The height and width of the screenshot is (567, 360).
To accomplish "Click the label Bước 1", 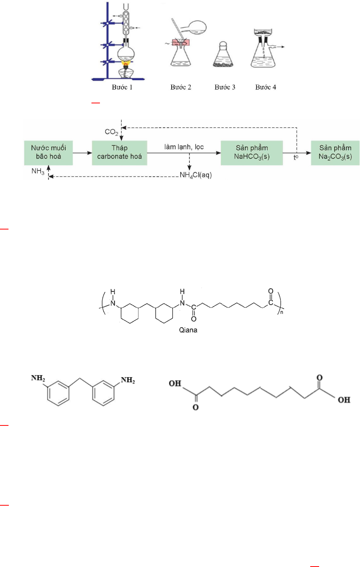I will click(x=122, y=87).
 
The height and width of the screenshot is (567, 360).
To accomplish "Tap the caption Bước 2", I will click(x=181, y=87).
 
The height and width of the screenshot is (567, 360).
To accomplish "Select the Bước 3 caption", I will click(x=225, y=87).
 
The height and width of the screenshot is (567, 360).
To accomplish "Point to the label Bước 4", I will click(x=265, y=87).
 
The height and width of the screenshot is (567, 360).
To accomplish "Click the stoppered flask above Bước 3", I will click(x=223, y=56).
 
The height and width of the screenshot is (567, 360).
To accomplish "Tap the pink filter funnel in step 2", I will click(x=180, y=43).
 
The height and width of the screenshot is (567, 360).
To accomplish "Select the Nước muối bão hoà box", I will click(x=48, y=152).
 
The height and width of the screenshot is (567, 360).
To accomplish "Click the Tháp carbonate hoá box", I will click(x=119, y=152).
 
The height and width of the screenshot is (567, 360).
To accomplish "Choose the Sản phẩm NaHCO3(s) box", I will click(x=252, y=152).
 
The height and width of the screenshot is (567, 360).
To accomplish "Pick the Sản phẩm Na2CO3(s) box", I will click(x=335, y=152).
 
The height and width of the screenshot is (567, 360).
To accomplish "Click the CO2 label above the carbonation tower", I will click(x=112, y=132).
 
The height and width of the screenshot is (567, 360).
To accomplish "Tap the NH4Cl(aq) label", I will click(x=196, y=175).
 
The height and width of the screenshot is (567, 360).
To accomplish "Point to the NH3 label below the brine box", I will click(x=38, y=171).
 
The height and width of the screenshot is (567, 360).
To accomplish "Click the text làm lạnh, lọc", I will click(x=184, y=147).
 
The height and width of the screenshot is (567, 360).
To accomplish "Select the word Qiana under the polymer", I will click(x=188, y=330).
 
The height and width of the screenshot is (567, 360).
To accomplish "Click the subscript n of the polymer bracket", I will click(x=282, y=312).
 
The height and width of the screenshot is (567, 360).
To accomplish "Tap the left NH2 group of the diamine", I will click(x=38, y=378).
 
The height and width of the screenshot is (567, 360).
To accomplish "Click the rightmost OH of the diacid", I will click(x=344, y=400).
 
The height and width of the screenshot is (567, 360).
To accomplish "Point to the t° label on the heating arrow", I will click(x=296, y=157).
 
